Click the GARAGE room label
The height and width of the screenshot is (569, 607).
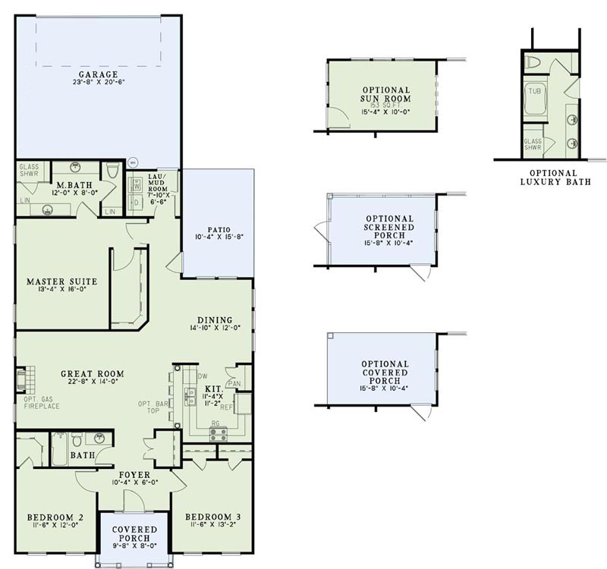99,74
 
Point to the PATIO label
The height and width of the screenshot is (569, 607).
217,228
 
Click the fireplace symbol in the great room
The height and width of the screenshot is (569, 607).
24,377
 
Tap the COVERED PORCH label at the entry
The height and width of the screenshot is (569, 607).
134,534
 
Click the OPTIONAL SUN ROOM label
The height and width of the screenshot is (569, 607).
385,94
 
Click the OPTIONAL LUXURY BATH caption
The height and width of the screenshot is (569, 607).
555,178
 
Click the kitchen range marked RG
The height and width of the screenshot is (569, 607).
219,433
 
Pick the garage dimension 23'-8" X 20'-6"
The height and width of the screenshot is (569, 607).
99,82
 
